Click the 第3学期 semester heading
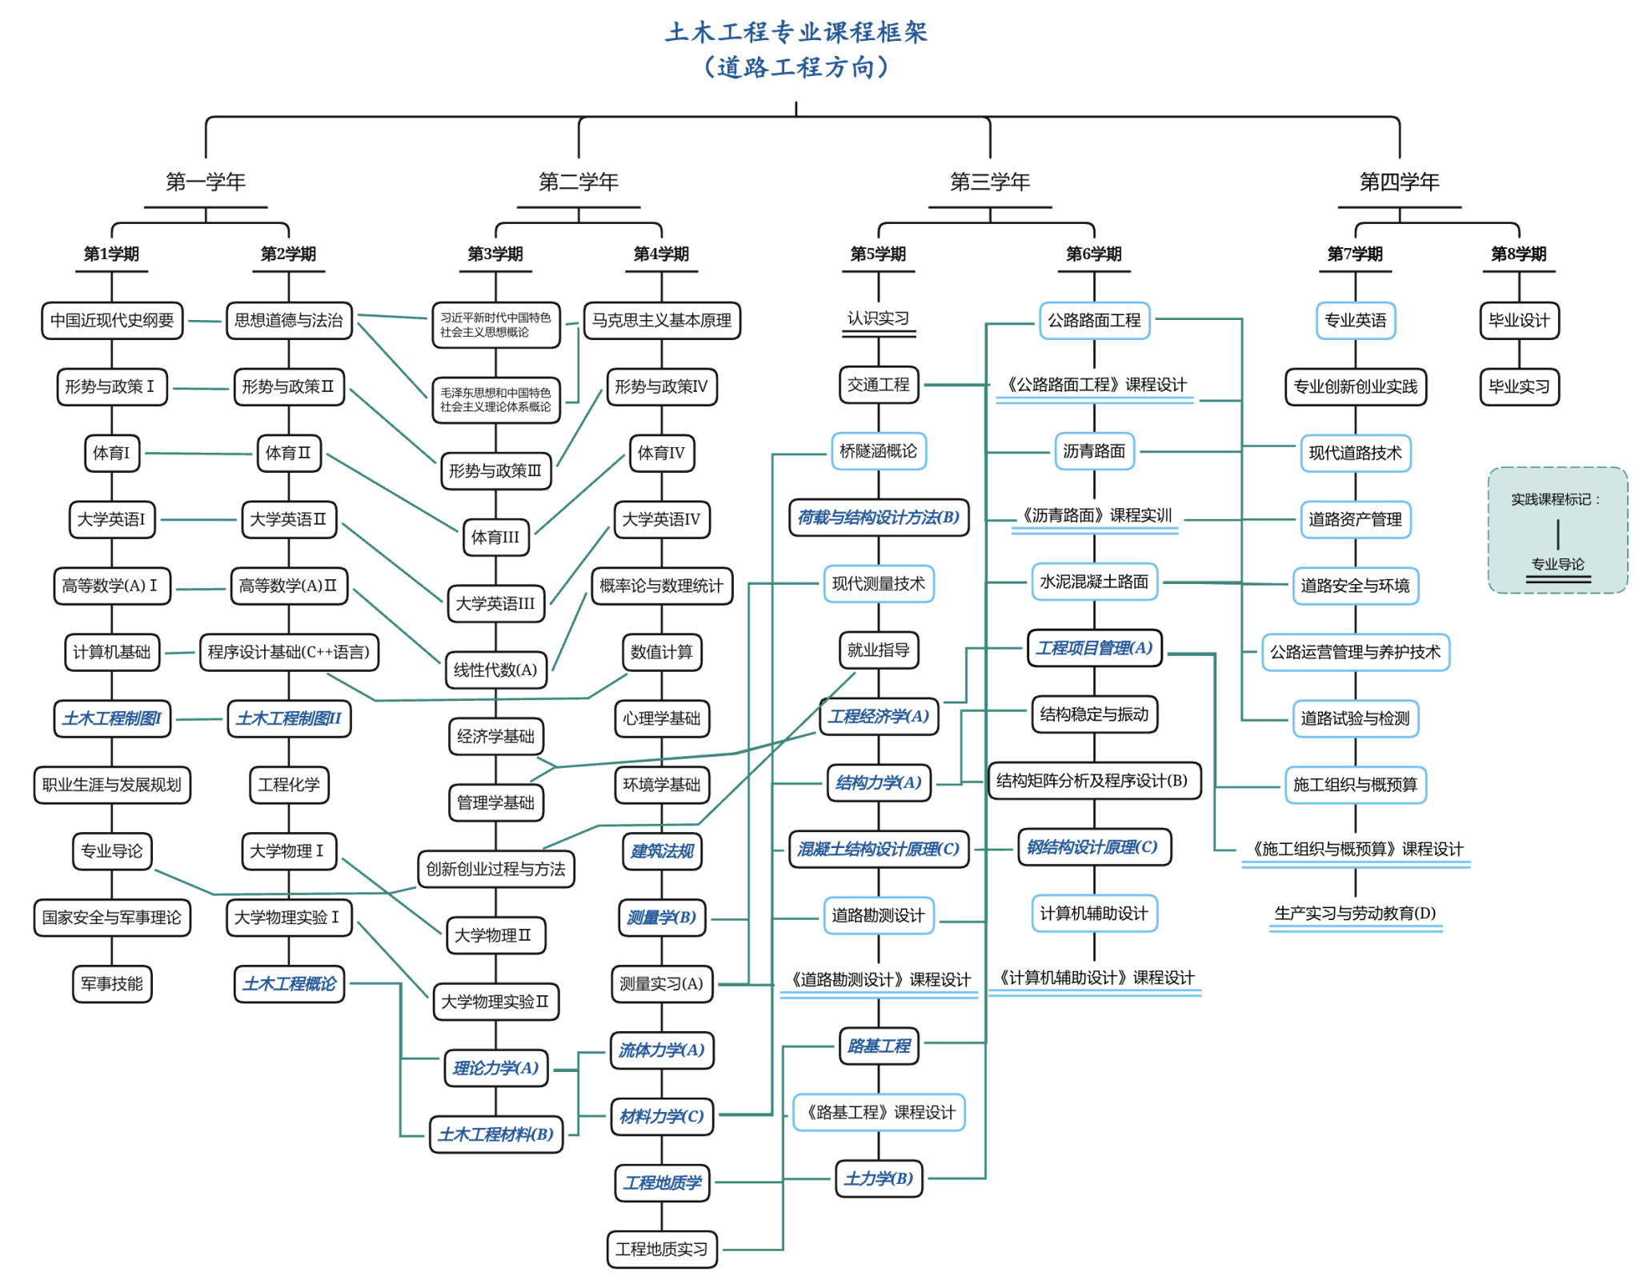[495, 254]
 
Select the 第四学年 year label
[1398, 182]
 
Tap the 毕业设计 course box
[1518, 320]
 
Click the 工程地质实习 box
[661, 1249]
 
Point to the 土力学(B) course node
[878, 1178]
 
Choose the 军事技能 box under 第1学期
[111, 983]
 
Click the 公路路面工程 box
[1093, 320]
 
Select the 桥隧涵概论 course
[878, 451]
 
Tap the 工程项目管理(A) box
[1093, 647]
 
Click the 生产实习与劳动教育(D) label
[1354, 913]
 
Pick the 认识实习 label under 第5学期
[878, 318]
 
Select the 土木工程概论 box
[289, 983]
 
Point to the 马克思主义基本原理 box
[661, 320]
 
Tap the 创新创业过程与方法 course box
[495, 869]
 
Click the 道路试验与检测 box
[1354, 718]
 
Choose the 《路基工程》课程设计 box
[878, 1112]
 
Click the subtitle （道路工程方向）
[795, 67]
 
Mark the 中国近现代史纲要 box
[111, 320]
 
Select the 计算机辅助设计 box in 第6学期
[1093, 913]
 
